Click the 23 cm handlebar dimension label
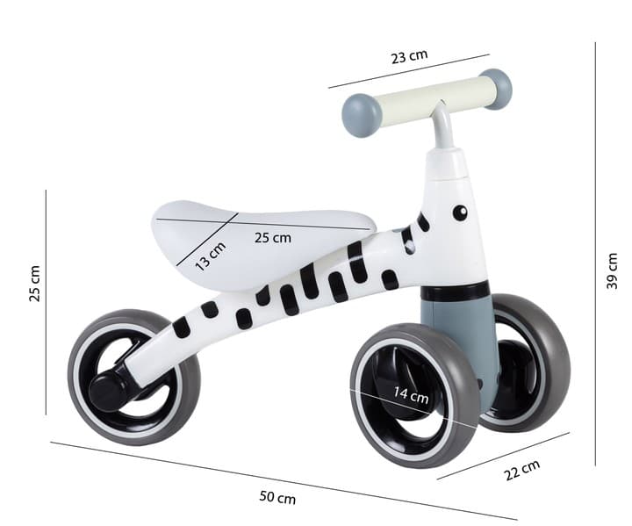[409, 56]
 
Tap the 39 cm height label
[612, 270]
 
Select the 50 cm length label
[277, 497]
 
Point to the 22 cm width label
[521, 471]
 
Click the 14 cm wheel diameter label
[410, 397]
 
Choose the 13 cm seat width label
[210, 256]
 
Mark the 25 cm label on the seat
[272, 237]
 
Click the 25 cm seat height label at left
[34, 283]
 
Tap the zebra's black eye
[459, 212]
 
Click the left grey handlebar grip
[361, 115]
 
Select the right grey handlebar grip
[498, 89]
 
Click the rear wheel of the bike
[134, 378]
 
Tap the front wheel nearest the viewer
[414, 395]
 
